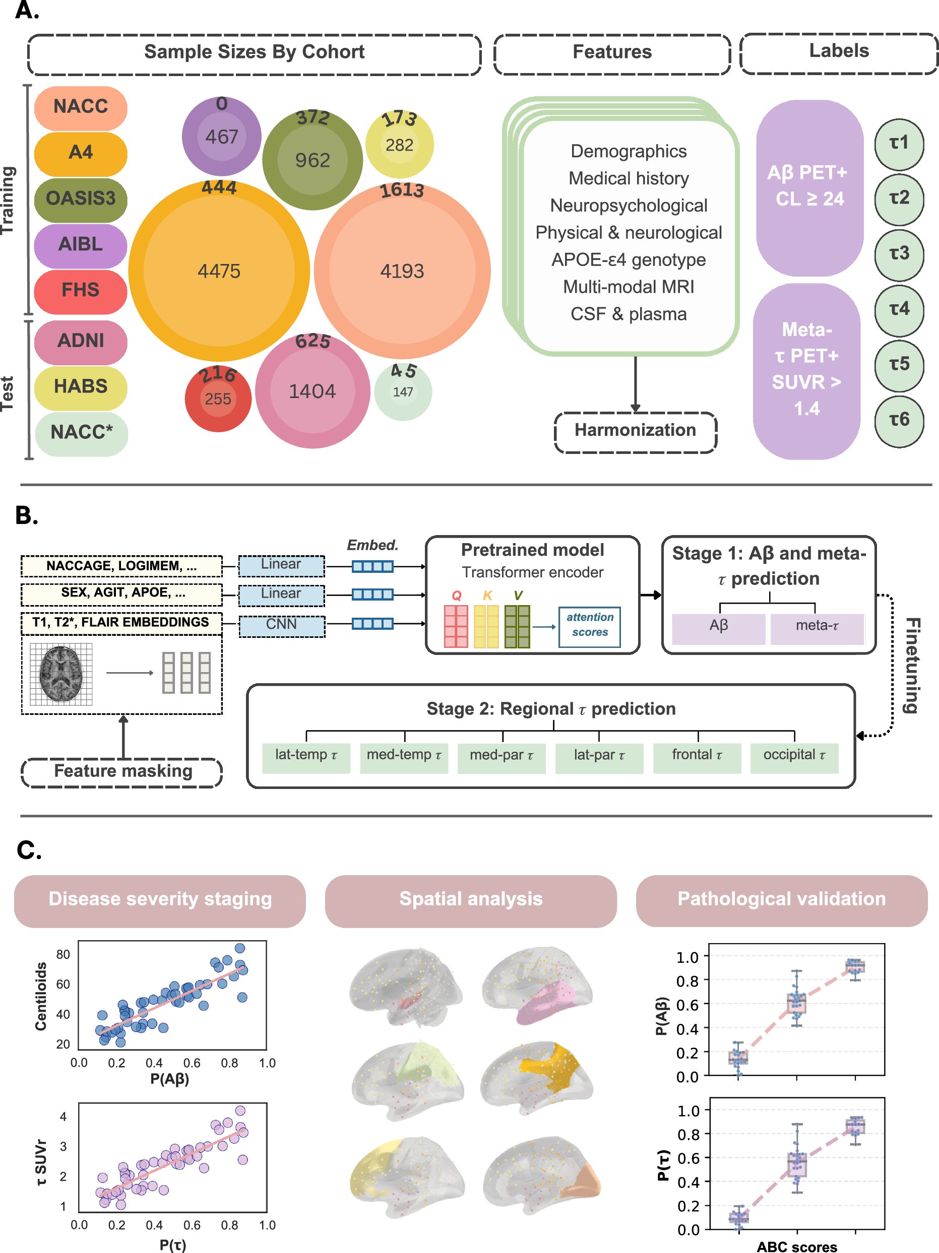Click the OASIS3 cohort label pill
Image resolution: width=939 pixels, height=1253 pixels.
click(x=81, y=199)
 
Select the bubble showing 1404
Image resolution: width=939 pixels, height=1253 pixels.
click(x=312, y=391)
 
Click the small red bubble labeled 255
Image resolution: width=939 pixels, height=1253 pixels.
click(x=218, y=399)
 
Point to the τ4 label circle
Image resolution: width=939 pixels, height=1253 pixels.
click(x=899, y=309)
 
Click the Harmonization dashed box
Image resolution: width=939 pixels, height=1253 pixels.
click(x=635, y=430)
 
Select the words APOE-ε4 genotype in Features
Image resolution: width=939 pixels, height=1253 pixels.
click(x=628, y=259)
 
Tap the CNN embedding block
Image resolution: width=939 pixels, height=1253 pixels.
click(x=282, y=624)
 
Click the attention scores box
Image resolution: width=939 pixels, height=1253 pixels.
click(x=589, y=625)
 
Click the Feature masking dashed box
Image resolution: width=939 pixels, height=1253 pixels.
click(x=122, y=771)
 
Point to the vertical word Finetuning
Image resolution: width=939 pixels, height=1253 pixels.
click(x=911, y=666)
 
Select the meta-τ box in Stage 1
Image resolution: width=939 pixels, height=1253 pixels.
click(x=817, y=626)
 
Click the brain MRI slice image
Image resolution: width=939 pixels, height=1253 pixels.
click(x=60, y=674)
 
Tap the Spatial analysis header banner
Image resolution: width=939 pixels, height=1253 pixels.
click(x=470, y=899)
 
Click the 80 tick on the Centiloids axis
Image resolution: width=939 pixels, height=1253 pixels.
click(x=63, y=954)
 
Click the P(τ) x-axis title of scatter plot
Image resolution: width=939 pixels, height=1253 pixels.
click(x=172, y=1244)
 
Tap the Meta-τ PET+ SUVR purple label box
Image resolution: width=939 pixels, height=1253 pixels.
click(x=806, y=369)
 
